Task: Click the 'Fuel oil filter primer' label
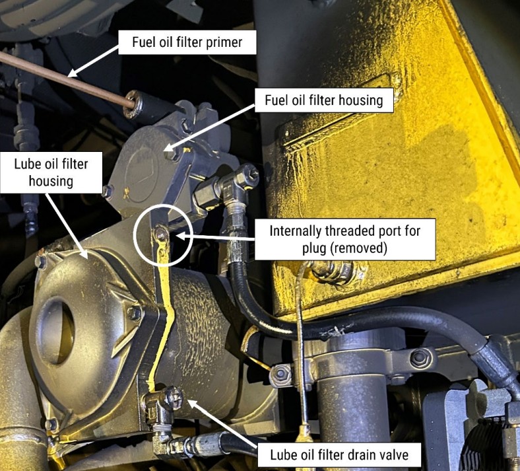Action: pos(187,42)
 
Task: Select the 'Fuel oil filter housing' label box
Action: pos(323,100)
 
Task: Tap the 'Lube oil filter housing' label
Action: pos(51,172)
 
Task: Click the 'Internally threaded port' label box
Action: pos(345,239)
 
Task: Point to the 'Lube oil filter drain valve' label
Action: pos(339,454)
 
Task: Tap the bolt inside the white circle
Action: pos(162,234)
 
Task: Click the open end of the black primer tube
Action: pos(133,104)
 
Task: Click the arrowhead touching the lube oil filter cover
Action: pos(84,254)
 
